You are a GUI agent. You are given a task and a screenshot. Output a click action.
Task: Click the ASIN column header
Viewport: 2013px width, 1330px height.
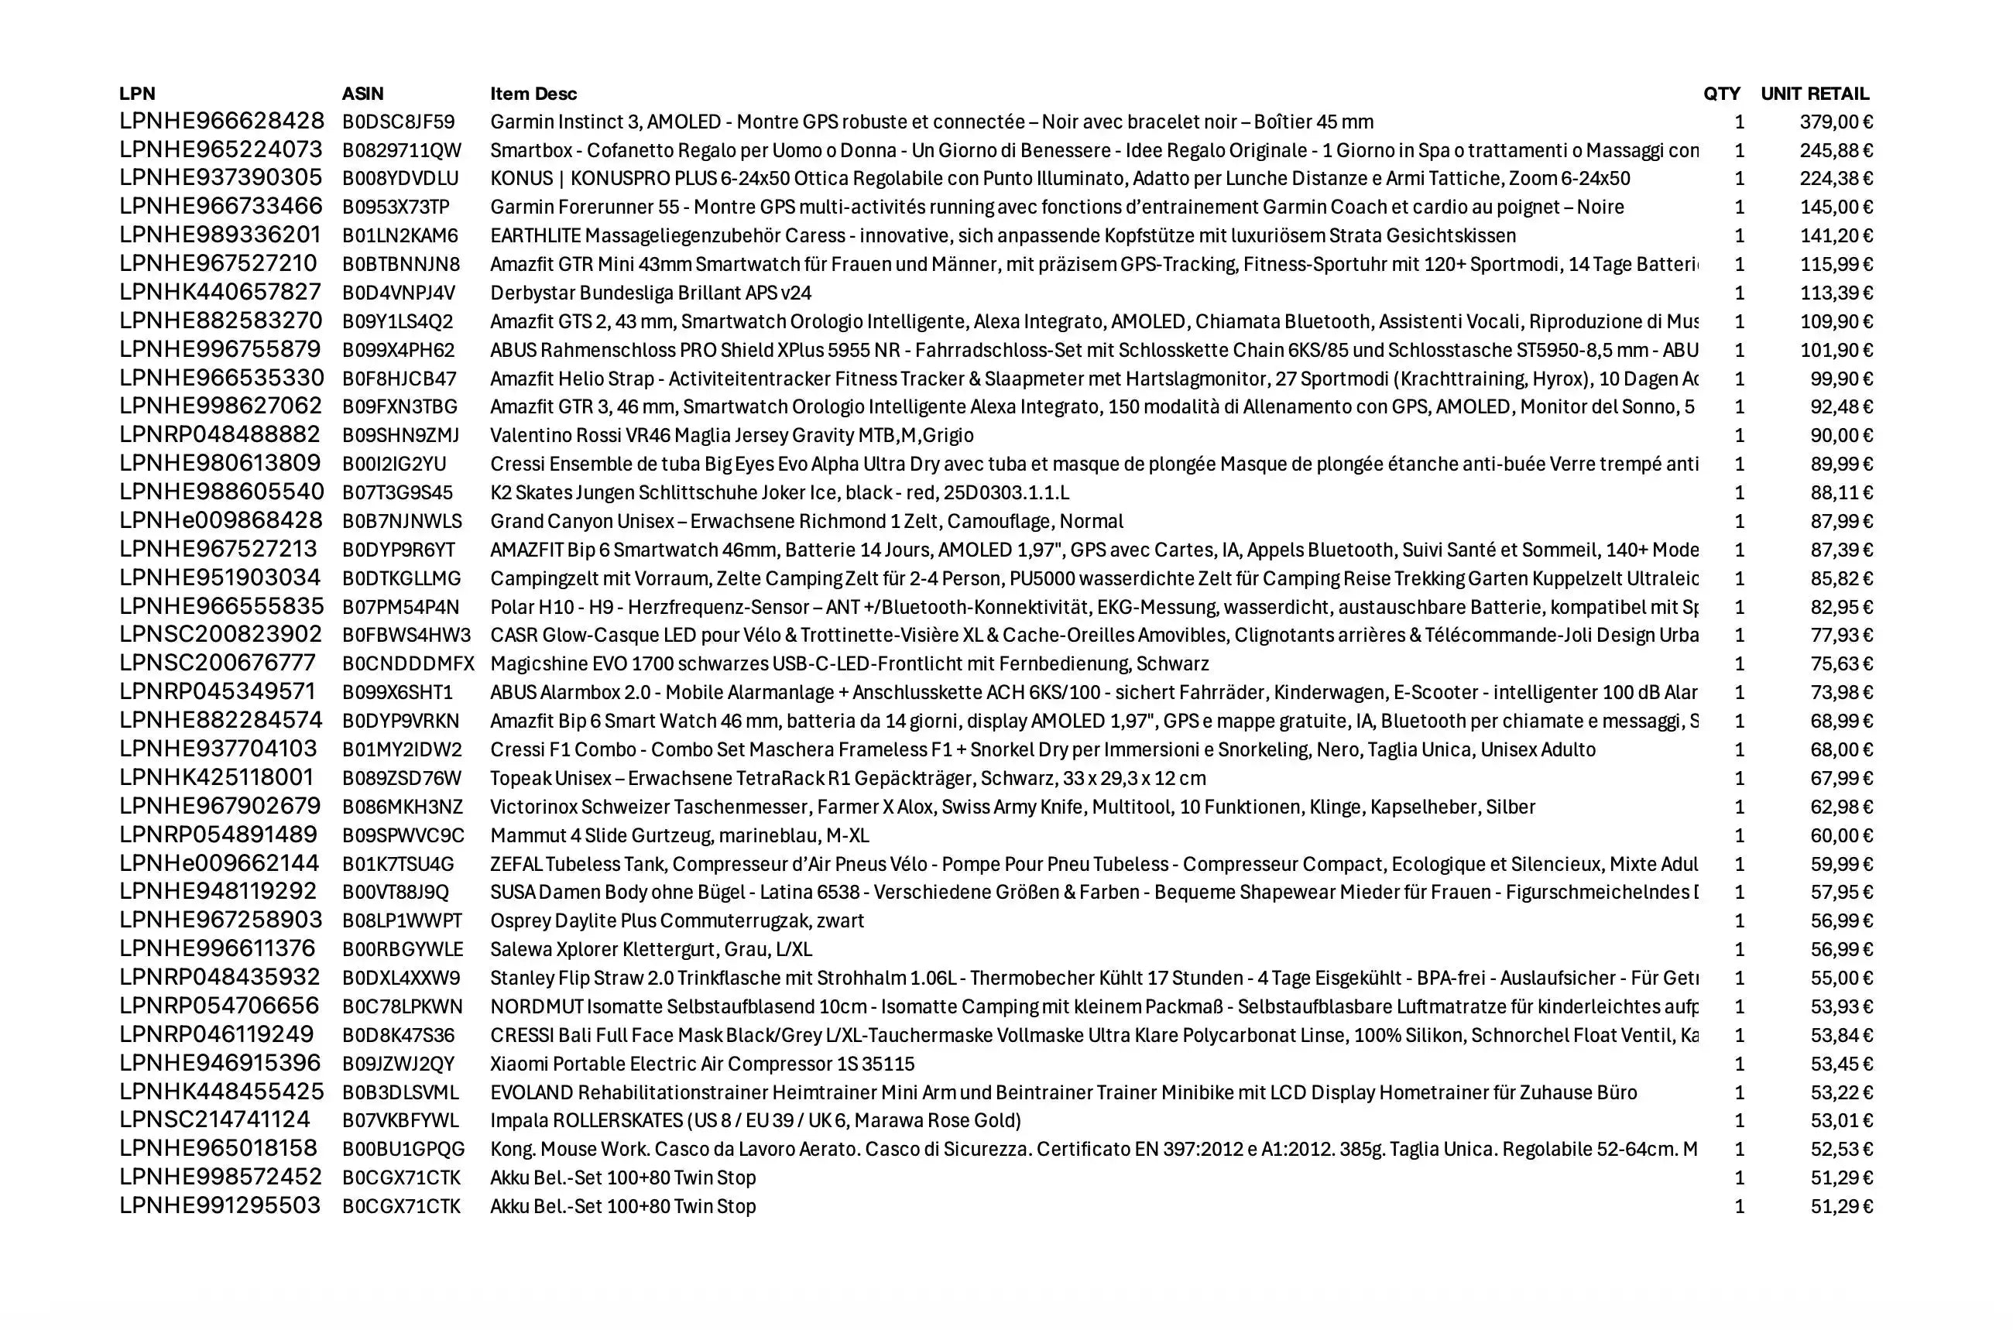point(362,94)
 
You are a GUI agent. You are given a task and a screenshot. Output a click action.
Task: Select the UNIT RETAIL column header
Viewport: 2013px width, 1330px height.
point(1814,94)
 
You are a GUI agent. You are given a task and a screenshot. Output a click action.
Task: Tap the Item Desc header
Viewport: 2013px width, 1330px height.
point(533,94)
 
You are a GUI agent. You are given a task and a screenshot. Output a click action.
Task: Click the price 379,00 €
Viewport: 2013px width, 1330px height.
point(1836,122)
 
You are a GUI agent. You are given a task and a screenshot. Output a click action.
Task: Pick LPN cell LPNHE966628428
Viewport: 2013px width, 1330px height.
point(221,122)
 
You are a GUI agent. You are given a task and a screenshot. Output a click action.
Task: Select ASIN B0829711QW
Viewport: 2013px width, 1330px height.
point(401,150)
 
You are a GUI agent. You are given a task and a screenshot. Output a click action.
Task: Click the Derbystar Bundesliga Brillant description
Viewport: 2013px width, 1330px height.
point(650,293)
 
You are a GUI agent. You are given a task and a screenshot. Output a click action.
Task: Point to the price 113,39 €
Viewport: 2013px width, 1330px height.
point(1836,293)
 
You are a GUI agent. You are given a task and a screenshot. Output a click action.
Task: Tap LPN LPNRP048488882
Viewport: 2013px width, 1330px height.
point(220,435)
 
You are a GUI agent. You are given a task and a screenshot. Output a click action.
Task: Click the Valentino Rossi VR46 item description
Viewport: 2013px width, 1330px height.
point(731,435)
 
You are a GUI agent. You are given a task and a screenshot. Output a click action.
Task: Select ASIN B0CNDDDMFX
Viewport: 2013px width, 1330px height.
point(408,663)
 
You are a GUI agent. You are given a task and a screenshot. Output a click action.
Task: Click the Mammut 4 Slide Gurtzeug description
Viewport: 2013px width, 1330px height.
point(680,835)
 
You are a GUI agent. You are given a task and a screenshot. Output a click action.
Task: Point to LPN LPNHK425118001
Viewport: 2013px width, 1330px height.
point(216,778)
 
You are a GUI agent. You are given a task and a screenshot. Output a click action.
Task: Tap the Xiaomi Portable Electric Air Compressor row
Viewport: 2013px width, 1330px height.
point(702,1063)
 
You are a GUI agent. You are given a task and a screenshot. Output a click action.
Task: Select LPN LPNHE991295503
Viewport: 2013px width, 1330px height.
point(220,1205)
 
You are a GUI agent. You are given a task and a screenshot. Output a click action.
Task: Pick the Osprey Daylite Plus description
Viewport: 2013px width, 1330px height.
point(677,920)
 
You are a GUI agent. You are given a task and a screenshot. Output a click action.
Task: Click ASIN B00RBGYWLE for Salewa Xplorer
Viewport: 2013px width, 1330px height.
point(402,949)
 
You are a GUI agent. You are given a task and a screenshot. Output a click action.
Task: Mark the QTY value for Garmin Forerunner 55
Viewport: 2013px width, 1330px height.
point(1739,207)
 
